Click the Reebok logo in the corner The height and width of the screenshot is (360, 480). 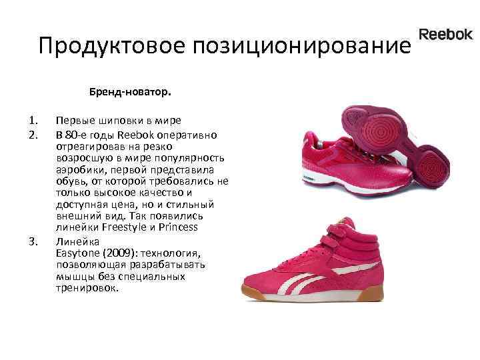445,35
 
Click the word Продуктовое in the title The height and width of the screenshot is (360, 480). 112,46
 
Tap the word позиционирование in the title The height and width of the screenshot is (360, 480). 299,46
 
